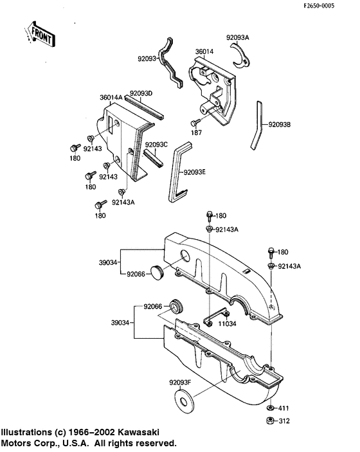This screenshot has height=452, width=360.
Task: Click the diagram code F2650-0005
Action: pos(332,5)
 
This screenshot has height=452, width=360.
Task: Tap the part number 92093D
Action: pos(141,93)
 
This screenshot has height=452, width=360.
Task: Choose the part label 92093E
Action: pos(195,172)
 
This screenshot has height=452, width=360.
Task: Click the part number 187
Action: pos(197,132)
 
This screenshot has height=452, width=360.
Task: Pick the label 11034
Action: pos(226,324)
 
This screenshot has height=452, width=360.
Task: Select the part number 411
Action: pos(283,408)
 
